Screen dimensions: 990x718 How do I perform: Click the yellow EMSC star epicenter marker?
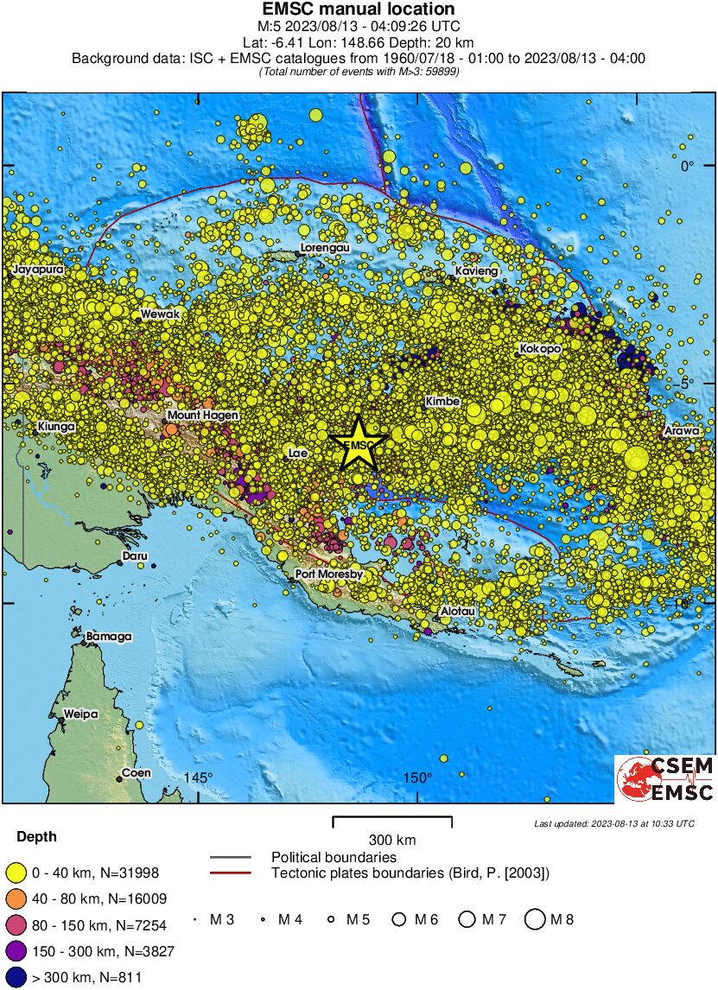click(x=358, y=444)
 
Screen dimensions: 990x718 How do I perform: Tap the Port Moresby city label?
click(x=328, y=574)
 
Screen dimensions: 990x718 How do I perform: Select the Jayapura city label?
click(x=38, y=270)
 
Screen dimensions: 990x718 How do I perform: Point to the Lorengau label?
click(x=324, y=249)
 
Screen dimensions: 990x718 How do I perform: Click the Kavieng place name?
click(x=477, y=272)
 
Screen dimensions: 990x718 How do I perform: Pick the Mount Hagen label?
click(x=202, y=416)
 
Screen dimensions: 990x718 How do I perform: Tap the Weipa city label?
click(x=80, y=714)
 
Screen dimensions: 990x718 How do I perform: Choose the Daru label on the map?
click(x=135, y=556)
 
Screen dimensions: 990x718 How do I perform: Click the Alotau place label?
click(x=458, y=611)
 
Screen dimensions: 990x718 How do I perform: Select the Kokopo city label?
click(x=540, y=349)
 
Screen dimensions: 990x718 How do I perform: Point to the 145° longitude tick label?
click(x=198, y=778)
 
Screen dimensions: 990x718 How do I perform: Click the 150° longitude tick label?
click(x=417, y=778)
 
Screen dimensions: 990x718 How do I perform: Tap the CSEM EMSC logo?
click(x=664, y=778)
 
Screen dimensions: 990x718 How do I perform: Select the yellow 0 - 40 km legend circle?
click(x=15, y=873)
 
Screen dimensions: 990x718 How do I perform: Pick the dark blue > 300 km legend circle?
click(x=15, y=977)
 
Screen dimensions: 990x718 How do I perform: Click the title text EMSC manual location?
click(x=358, y=10)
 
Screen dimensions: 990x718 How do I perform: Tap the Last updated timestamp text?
click(x=613, y=823)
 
